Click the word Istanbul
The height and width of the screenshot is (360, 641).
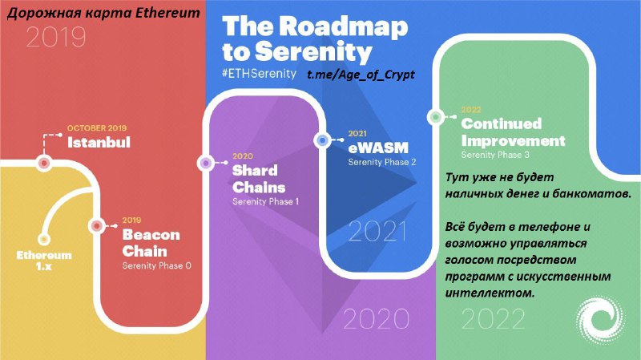coord(99,143)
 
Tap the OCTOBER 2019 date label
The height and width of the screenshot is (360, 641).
coord(97,128)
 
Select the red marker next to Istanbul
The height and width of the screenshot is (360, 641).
coord(44,164)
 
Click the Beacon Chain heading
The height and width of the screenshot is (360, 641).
coord(151,243)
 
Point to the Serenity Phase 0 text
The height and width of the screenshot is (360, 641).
coord(156,266)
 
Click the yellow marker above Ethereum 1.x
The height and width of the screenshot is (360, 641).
coord(44,239)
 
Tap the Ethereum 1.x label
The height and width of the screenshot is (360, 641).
coord(44,261)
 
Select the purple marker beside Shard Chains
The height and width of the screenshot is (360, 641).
coord(206,164)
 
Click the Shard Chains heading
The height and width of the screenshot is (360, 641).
coord(258,179)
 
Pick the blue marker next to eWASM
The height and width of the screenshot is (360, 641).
coord(323,140)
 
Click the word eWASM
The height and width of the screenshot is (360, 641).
coord(378,148)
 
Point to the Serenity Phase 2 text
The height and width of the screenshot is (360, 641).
coord(382,162)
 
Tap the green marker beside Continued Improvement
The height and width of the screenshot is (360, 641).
coord(435,117)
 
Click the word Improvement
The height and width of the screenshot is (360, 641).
coord(513,141)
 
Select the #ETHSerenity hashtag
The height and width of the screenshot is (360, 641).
coord(259,74)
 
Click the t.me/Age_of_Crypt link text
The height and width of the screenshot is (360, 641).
coord(361,75)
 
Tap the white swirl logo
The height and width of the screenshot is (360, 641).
coord(600,319)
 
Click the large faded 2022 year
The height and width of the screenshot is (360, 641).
coord(493,318)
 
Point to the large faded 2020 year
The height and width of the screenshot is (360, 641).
coord(376,318)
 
